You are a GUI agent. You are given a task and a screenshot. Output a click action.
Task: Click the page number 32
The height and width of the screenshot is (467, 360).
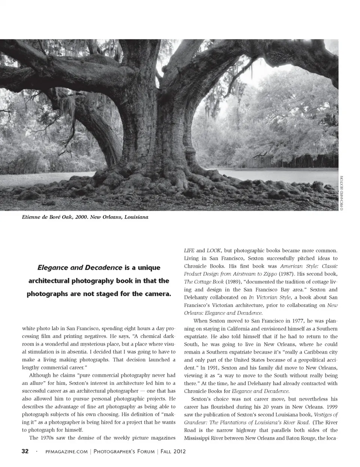pos(24,451)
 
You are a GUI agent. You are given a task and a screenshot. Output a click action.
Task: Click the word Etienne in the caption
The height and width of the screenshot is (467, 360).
pos(33,217)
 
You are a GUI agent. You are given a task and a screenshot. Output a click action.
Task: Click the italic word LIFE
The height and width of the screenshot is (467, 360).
pos(189,250)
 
